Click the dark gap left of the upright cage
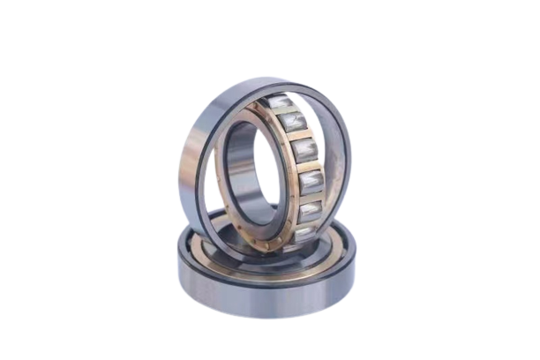pyautogui.click(x=215, y=190)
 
